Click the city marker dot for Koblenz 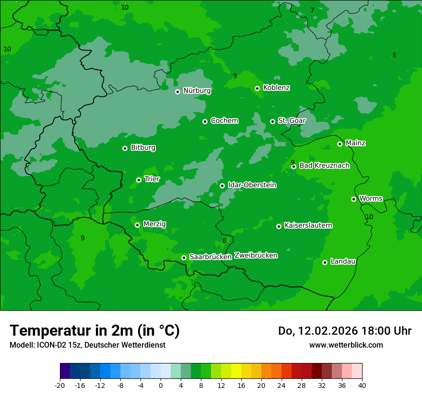[258, 88]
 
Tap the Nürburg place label [197, 91]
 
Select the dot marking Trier [139, 180]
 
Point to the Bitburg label [143, 148]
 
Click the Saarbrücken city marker [184, 258]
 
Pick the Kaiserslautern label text [308, 225]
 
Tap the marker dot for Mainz [340, 144]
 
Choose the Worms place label [371, 199]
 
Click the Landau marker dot [325, 262]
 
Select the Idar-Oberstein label [252, 185]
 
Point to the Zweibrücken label [256, 256]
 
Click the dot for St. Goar [273, 121]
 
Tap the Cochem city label [224, 121]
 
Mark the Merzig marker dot [138, 225]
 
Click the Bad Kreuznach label [324, 165]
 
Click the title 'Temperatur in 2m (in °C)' [94, 330]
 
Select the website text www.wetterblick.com [346, 345]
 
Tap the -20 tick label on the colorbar [60, 385]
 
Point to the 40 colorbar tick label [362, 385]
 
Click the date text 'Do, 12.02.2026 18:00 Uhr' [344, 331]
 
